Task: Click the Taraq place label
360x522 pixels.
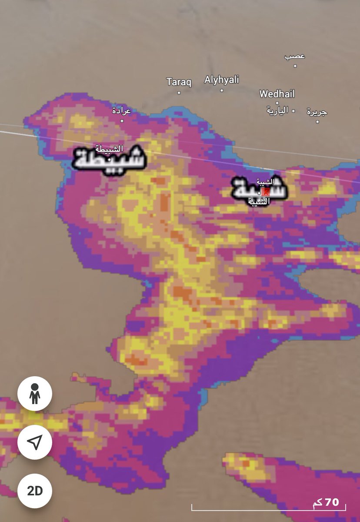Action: (x=179, y=82)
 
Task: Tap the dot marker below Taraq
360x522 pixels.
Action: (x=179, y=93)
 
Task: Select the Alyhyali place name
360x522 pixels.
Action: (x=221, y=80)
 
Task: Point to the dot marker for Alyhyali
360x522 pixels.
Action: (x=221, y=90)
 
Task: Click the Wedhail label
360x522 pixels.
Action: (x=277, y=94)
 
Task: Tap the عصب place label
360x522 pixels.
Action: (x=295, y=56)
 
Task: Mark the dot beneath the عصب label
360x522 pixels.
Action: (x=295, y=66)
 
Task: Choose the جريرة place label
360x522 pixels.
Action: (x=317, y=112)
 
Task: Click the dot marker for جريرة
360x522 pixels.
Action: (x=317, y=122)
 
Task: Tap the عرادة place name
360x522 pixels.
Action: (x=121, y=110)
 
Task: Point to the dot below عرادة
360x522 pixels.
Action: (x=122, y=121)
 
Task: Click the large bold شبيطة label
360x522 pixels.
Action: (x=109, y=160)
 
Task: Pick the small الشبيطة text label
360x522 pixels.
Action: (x=109, y=149)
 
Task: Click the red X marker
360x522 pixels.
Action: (x=266, y=191)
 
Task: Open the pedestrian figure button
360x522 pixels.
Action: (x=35, y=394)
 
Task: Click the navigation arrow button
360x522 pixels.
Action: (x=35, y=442)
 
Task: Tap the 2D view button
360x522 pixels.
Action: (x=35, y=491)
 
